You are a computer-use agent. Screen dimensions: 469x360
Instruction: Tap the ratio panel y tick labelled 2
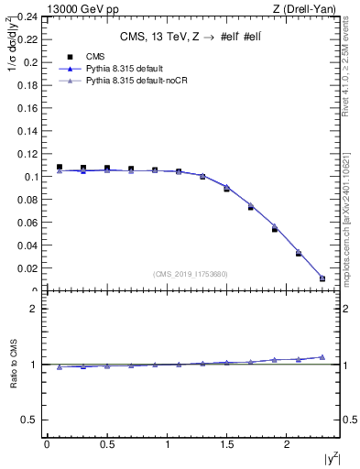coord(34,309)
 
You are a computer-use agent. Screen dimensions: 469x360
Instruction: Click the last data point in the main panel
coord(322,278)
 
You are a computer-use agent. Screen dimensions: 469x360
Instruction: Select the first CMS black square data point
coord(60,168)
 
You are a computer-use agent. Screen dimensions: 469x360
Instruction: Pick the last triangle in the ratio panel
coord(322,357)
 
